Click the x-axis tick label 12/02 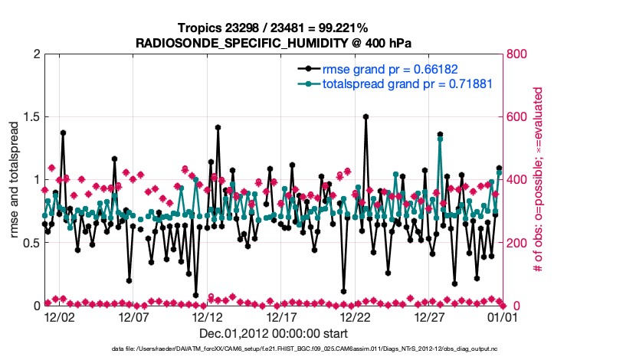click(x=59, y=317)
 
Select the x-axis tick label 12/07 click(x=133, y=317)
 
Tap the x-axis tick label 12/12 click(x=208, y=317)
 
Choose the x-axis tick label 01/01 click(x=503, y=317)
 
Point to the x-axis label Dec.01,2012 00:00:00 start click(x=274, y=334)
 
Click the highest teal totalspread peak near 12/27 click(x=440, y=139)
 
